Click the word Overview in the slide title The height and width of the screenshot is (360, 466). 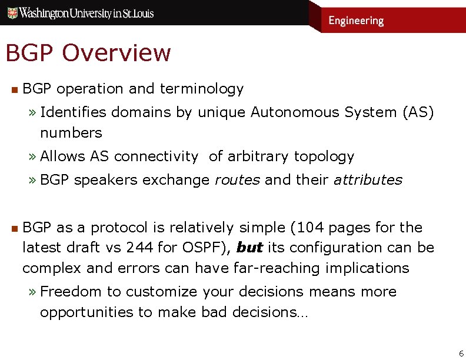pos(116,53)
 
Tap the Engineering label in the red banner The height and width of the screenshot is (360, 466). pos(356,21)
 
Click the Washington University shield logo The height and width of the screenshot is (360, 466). pos(11,12)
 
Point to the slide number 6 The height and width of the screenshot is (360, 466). pos(461,353)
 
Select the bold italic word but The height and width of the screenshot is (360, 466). pos(249,248)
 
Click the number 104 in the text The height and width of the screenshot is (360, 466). pos(315,228)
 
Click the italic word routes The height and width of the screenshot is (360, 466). pos(237,180)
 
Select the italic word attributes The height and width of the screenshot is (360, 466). pos(368,180)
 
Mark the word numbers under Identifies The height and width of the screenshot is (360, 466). pos(71,133)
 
